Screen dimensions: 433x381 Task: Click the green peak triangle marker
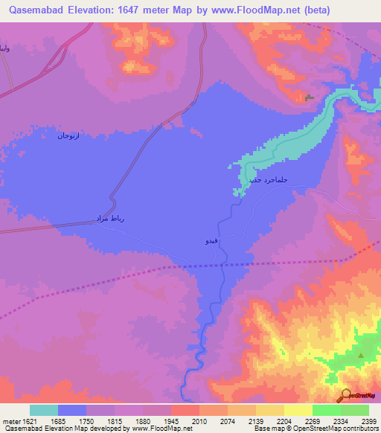[x=361, y=356]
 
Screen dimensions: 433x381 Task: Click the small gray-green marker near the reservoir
[x=309, y=97]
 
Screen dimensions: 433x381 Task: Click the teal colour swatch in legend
[x=44, y=410]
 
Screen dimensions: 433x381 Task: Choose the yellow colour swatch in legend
[x=297, y=410]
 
